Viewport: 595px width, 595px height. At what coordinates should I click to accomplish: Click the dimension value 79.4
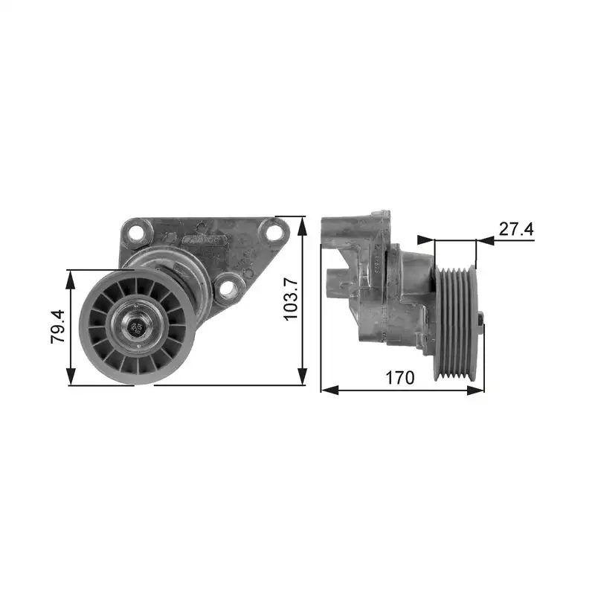click(57, 328)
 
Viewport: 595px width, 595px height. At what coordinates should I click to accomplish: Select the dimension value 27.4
click(516, 228)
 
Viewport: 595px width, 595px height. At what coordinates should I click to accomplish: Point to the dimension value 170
click(400, 377)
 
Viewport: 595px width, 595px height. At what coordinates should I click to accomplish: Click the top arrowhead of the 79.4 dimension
click(71, 276)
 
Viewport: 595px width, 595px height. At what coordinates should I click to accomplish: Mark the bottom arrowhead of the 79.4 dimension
click(71, 379)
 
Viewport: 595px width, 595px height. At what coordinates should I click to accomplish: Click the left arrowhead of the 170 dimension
click(327, 390)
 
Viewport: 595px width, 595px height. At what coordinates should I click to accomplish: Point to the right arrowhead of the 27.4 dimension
click(484, 240)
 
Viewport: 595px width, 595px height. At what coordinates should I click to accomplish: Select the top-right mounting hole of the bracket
click(274, 232)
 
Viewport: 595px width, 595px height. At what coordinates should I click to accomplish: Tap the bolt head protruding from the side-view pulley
click(481, 321)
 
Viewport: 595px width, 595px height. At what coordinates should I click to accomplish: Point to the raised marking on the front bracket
click(202, 239)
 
